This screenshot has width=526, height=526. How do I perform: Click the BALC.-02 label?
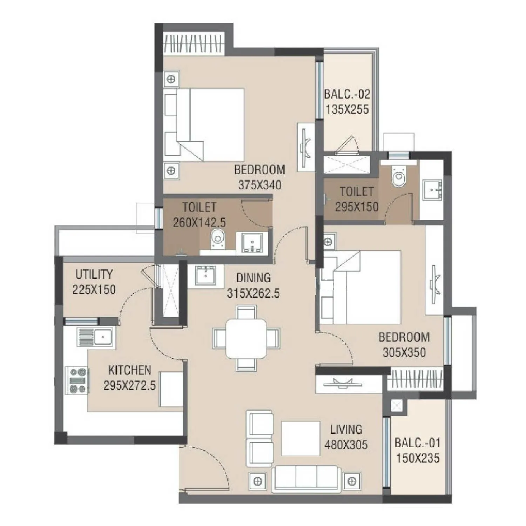347,94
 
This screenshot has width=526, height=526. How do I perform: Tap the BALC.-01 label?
417,443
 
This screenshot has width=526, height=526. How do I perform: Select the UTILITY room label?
94,274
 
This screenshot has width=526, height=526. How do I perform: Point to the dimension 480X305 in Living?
346,445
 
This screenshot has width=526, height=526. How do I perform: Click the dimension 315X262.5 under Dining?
253,293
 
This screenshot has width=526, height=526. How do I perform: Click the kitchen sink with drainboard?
96,337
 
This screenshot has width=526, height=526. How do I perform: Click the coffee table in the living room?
301,438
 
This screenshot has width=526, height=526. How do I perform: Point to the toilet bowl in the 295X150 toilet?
398,178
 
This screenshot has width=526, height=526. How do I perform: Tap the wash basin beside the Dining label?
205,276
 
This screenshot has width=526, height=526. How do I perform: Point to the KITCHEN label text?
129,370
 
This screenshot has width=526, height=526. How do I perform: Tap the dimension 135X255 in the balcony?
347,110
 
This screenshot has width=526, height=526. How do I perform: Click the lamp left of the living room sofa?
258,481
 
